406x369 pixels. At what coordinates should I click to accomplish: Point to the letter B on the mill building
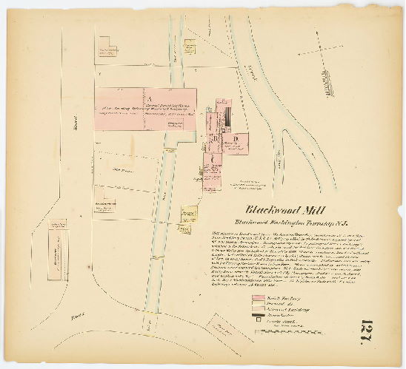(x=216, y=138)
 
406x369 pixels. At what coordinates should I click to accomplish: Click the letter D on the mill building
(x=235, y=138)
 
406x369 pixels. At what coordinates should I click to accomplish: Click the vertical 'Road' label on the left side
(x=76, y=127)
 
